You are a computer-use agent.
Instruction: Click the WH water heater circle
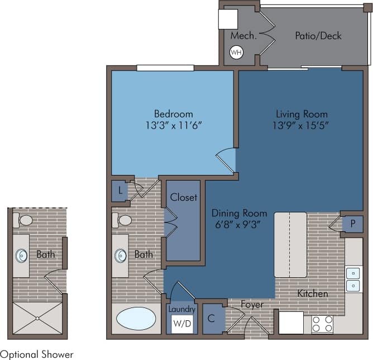click(236, 53)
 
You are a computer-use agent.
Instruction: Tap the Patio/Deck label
click(318, 36)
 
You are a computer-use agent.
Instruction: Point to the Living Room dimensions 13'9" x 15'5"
click(300, 125)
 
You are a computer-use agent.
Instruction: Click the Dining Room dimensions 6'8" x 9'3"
click(239, 225)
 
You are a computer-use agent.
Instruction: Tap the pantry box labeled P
click(352, 223)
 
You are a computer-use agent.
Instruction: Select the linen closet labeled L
click(119, 191)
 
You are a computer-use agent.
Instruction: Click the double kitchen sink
click(353, 280)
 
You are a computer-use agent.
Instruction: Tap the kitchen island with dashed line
click(290, 244)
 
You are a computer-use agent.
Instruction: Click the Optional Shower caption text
click(37, 354)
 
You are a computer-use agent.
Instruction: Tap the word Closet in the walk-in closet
click(183, 197)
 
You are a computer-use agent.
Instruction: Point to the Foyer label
click(252, 305)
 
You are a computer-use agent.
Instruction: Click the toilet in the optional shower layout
click(25, 220)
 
